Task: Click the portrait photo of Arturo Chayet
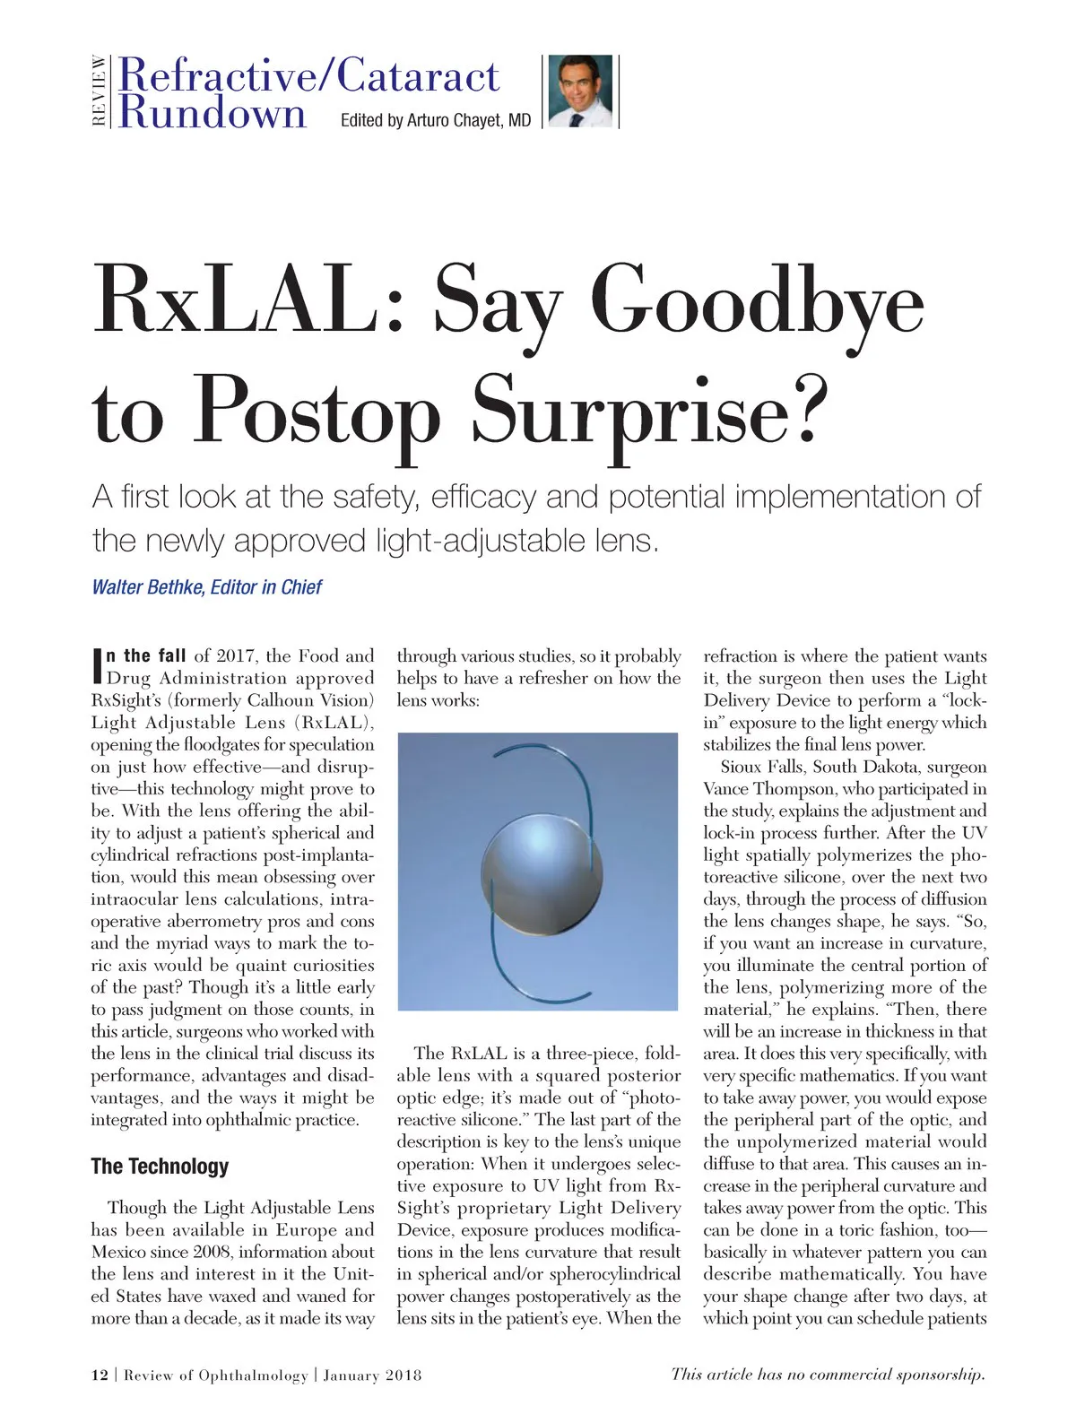click(580, 91)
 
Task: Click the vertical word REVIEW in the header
click(100, 91)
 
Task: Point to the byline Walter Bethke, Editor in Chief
click(207, 587)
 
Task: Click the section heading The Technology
click(160, 1167)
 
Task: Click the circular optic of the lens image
click(542, 871)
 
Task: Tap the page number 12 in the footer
click(100, 1375)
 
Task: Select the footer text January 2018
click(372, 1375)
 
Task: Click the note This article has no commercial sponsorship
click(829, 1375)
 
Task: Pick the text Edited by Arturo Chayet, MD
click(436, 120)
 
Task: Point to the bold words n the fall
click(147, 655)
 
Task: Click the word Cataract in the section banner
click(417, 76)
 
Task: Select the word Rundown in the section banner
click(213, 115)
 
